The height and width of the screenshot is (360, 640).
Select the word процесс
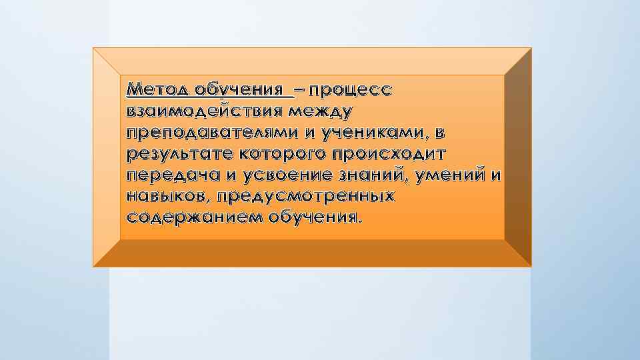(351, 89)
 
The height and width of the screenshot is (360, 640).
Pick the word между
(326, 110)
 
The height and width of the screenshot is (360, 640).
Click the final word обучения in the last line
(313, 217)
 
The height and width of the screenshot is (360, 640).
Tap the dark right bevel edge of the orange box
(518, 157)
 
